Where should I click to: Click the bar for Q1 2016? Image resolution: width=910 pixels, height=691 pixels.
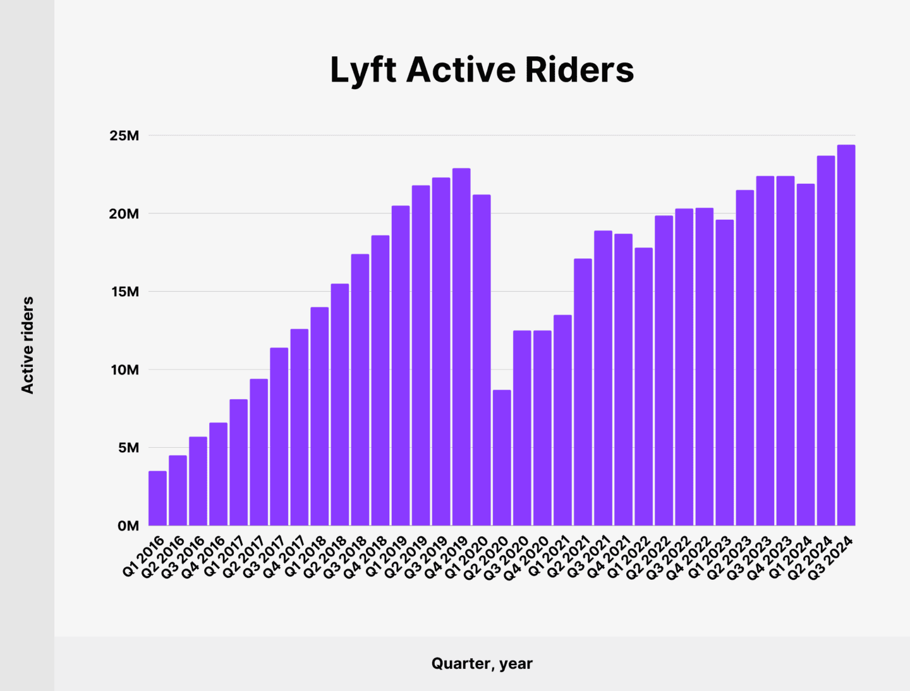pyautogui.click(x=157, y=498)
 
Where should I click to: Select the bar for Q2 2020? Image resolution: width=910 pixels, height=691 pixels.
pyautogui.click(x=502, y=458)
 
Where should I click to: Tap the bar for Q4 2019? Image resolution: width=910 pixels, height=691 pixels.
pyautogui.click(x=461, y=347)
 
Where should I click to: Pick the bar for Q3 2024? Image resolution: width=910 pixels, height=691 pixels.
pyautogui.click(x=846, y=335)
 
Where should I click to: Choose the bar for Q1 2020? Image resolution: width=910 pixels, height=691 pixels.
pyautogui.click(x=482, y=360)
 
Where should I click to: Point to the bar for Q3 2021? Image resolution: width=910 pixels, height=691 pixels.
pyautogui.click(x=603, y=378)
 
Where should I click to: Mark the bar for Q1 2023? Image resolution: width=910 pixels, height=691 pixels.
pyautogui.click(x=724, y=373)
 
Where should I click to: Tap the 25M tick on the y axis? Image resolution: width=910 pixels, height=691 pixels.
pyautogui.click(x=124, y=136)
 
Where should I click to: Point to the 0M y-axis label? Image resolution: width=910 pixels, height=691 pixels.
pyautogui.click(x=128, y=526)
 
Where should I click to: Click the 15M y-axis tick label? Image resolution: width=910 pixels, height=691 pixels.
pyautogui.click(x=124, y=292)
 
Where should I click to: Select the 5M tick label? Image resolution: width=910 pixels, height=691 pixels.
pyautogui.click(x=128, y=448)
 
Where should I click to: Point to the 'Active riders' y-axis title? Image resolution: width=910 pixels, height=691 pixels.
pyautogui.click(x=27, y=345)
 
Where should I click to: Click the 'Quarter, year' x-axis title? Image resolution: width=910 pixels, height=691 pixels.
pyautogui.click(x=482, y=664)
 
